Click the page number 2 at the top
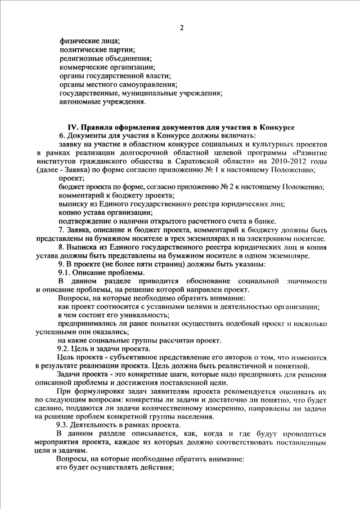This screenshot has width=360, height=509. [182, 28]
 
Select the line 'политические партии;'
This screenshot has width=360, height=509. [96, 51]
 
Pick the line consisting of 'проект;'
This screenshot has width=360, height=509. [71, 179]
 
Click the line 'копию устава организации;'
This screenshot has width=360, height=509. [105, 213]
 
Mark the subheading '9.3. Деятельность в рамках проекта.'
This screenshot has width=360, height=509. [118, 425]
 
